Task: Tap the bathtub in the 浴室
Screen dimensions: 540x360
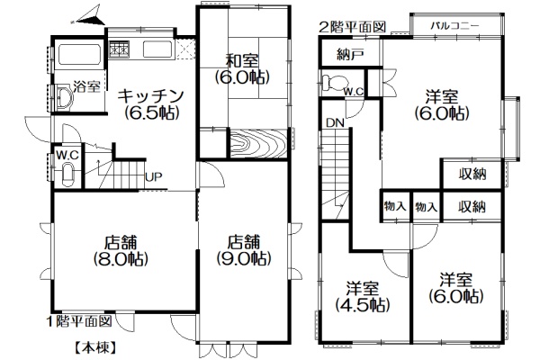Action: (x=79, y=54)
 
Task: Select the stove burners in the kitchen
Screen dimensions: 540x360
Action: (x=119, y=49)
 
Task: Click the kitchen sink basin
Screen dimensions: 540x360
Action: (x=157, y=49)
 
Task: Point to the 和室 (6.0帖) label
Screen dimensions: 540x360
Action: (x=242, y=69)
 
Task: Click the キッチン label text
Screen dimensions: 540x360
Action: (x=149, y=95)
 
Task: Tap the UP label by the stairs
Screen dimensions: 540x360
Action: (x=153, y=177)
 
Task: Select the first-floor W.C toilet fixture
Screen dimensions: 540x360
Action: (x=67, y=175)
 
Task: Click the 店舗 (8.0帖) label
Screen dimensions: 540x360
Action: (x=121, y=250)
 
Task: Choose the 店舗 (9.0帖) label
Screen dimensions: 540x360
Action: (x=244, y=250)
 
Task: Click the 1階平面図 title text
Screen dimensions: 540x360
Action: (x=79, y=321)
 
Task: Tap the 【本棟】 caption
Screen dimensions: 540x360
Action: (x=94, y=348)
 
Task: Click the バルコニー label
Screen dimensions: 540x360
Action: (x=454, y=26)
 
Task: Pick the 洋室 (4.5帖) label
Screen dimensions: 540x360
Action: (x=363, y=296)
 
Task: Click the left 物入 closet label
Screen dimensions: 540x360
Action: (x=395, y=207)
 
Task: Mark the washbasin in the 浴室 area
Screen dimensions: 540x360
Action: (x=63, y=98)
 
